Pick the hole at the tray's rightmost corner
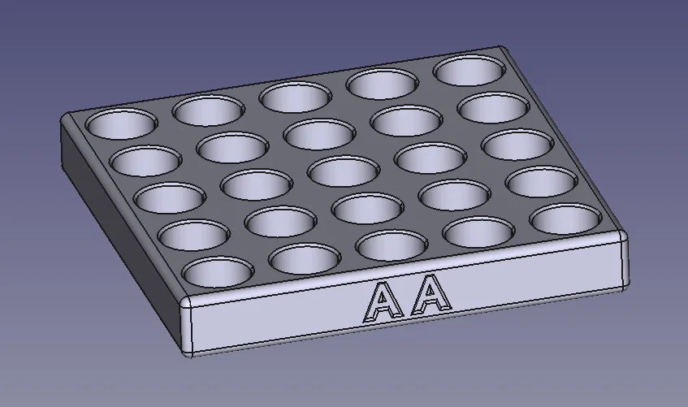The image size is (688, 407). pyautogui.click(x=565, y=219)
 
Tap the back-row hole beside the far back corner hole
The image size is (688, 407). pyautogui.click(x=383, y=83)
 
